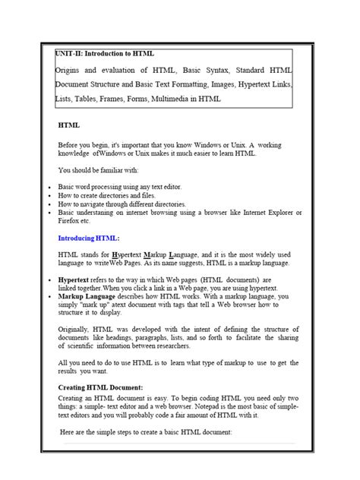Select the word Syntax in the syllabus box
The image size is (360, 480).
pos(208,70)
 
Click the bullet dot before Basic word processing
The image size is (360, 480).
pos(49,187)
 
